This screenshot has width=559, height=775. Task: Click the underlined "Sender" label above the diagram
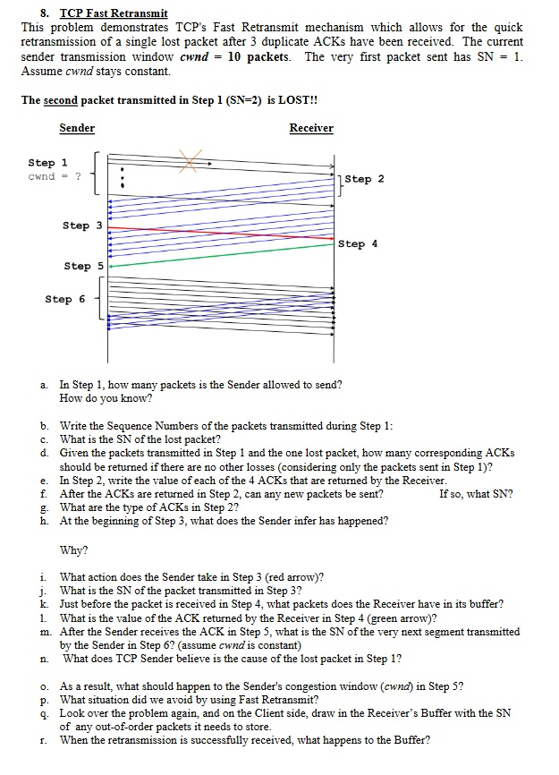(77, 128)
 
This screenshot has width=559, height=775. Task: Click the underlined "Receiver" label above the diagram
(311, 128)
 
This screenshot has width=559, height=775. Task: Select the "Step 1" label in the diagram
(41, 163)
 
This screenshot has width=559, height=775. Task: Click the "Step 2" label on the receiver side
(364, 179)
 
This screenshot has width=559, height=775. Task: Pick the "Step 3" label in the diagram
(82, 226)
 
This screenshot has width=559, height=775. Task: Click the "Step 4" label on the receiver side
(359, 243)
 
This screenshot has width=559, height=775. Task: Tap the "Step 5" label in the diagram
(83, 266)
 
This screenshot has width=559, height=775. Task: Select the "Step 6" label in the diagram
(65, 299)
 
